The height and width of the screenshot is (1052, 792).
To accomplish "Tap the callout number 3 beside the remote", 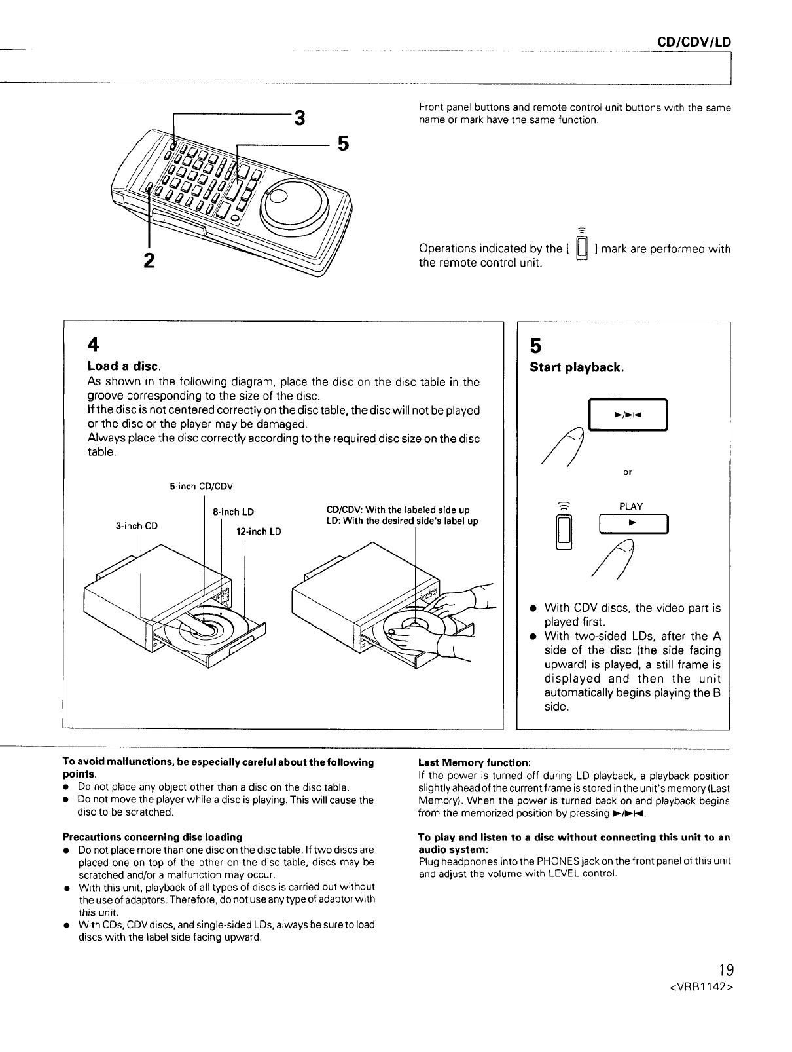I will click(x=299, y=119).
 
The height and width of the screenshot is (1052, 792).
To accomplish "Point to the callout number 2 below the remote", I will click(x=149, y=260).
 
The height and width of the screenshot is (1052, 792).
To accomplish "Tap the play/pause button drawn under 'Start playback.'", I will click(x=627, y=415).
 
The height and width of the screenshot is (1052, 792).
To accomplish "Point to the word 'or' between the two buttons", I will click(x=628, y=472).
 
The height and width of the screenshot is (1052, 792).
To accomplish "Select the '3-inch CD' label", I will click(x=136, y=525).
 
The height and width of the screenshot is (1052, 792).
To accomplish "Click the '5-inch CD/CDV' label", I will click(x=201, y=486).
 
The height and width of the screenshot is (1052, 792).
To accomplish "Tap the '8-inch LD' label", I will click(x=234, y=512).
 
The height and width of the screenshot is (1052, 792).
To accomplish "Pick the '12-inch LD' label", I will click(x=259, y=531).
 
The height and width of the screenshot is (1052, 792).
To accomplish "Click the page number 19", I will click(x=721, y=969).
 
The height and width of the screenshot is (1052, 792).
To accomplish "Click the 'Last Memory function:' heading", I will click(x=474, y=762).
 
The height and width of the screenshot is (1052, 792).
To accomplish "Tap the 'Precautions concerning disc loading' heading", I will click(x=152, y=837).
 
